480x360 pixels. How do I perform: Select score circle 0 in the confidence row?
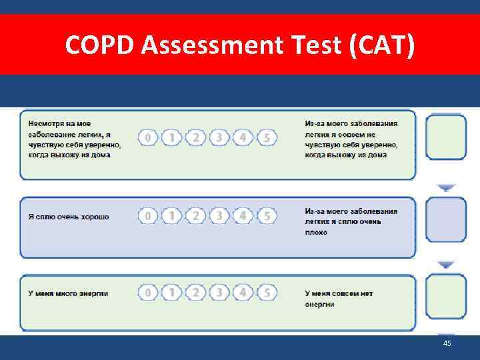pos(148,138)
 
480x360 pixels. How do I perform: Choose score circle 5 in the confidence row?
pos(267,138)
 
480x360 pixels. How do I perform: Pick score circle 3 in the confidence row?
pos(219,138)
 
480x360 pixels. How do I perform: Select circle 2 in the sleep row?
pos(195,216)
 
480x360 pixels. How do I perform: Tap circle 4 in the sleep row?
pos(243,216)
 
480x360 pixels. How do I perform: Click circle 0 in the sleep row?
pos(148,216)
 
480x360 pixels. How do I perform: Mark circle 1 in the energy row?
pos(172,293)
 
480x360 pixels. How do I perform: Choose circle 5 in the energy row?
pos(267,293)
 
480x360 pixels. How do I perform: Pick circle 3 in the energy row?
pos(219,293)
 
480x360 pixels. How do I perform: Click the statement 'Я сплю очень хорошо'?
pos(69,217)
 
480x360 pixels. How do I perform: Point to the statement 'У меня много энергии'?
pos(68,293)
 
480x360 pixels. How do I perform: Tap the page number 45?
pos(447,343)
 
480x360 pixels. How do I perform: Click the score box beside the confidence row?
pos(446,137)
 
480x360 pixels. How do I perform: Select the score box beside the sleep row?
pos(446,219)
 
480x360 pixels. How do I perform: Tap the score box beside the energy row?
pos(446,296)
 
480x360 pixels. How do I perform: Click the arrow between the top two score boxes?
pos(446,187)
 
